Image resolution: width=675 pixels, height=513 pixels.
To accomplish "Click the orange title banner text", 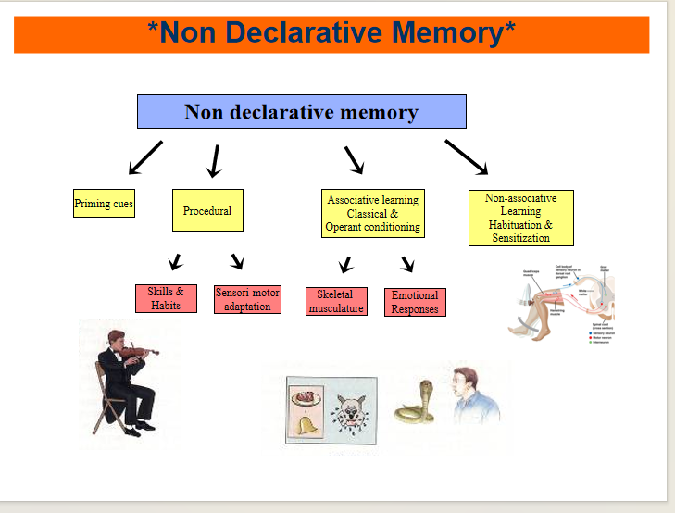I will point(331,33).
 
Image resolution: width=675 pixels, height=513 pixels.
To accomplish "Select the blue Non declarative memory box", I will point(301,112).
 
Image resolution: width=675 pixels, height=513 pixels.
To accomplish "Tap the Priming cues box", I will point(104,204).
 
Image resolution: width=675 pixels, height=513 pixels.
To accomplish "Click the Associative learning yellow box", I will point(372,213).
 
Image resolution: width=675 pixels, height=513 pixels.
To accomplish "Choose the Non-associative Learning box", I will point(520,218).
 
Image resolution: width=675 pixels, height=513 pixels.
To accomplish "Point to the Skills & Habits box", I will point(166,298).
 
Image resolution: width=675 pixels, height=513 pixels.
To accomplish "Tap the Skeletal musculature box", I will point(336,302).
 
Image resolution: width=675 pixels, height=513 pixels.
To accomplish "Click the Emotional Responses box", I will point(415,302).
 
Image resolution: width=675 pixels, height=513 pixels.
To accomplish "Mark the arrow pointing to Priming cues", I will point(145,157).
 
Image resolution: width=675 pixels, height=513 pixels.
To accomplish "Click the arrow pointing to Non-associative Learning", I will point(466,156).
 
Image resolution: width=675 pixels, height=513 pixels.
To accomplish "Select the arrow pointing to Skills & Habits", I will point(175,261).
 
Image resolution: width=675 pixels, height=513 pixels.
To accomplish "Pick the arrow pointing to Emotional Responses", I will point(407,264).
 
